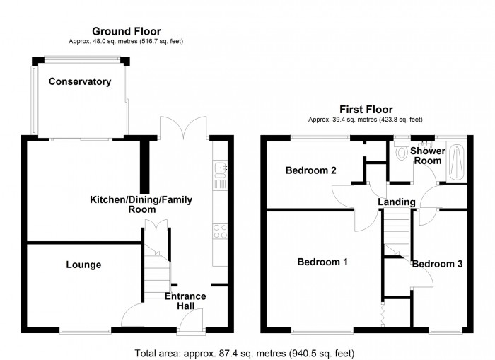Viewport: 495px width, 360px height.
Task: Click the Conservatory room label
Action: click(79, 82)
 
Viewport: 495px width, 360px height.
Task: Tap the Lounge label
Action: click(83, 265)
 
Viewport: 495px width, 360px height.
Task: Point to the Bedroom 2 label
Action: click(310, 170)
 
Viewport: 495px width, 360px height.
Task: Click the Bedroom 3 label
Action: click(437, 264)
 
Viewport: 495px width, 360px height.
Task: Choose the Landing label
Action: click(396, 202)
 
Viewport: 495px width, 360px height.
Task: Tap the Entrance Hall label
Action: click(185, 301)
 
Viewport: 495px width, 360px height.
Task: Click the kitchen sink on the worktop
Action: click(220, 168)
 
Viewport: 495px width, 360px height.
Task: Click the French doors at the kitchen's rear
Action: click(182, 127)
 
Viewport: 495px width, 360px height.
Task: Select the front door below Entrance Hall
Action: click(190, 323)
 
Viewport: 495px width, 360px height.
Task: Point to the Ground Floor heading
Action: click(126, 31)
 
